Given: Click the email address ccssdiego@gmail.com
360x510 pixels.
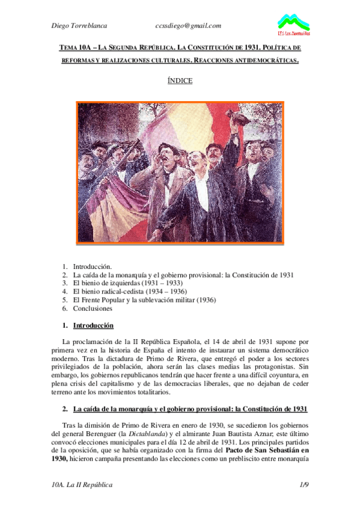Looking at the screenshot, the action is (x=188, y=25).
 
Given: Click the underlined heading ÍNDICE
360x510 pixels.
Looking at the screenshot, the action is (x=180, y=81).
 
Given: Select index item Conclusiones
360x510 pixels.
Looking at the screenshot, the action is (x=93, y=309).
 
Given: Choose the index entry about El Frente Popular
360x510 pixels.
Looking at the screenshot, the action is (x=144, y=300).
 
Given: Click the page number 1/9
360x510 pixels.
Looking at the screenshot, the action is (x=304, y=484).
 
